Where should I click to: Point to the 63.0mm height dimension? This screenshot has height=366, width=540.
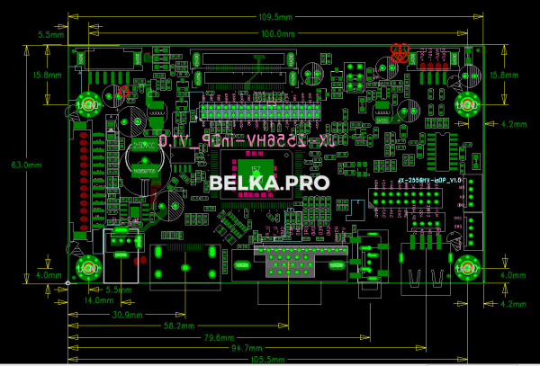point(27,165)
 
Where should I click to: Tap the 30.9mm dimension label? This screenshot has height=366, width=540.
point(128,314)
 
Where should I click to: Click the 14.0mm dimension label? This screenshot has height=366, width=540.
point(99,301)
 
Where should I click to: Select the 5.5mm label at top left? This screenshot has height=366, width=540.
point(49,34)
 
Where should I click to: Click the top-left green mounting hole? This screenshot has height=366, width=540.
point(88,104)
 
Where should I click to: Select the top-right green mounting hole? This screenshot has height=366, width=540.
point(467,104)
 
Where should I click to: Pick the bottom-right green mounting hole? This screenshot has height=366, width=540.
point(467,267)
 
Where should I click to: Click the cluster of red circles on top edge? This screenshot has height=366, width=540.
point(399,52)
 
